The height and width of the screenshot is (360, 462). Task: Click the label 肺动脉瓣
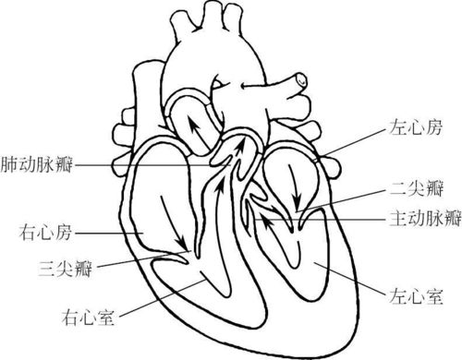pyautogui.click(x=38, y=164)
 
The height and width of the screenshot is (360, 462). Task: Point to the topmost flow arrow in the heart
pyautogui.click(x=195, y=125)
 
